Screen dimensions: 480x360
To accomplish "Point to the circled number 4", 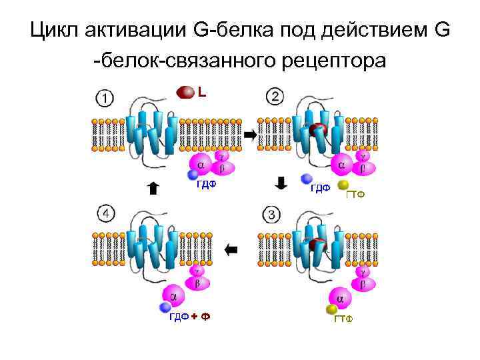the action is [105, 215].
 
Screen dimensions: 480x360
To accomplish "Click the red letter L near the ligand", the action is [201, 92].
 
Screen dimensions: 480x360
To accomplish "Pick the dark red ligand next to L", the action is [185, 91].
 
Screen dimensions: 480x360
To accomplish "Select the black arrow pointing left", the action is [231, 250].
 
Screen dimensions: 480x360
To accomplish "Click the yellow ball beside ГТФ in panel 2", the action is [343, 185].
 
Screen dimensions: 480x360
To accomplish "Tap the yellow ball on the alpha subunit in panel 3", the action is [331, 309].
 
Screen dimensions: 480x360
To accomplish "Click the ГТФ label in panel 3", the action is [343, 320].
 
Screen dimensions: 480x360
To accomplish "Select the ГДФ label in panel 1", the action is [206, 185].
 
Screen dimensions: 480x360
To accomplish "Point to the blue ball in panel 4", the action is [166, 307].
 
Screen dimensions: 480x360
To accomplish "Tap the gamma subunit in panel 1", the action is [221, 156].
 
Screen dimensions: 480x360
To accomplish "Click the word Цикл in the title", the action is [56, 31].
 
